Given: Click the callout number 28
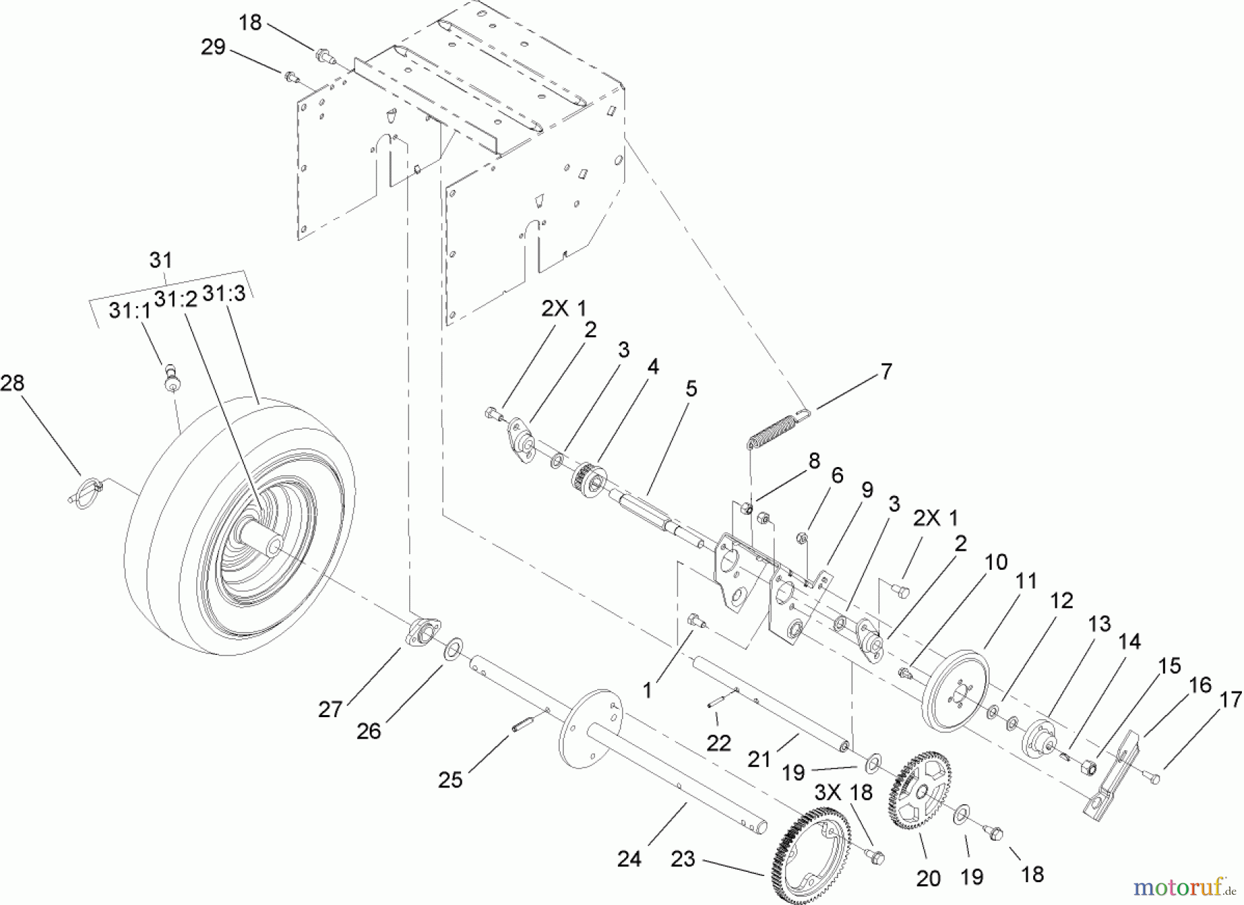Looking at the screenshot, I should pos(12,382).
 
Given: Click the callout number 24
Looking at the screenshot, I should pos(629,859).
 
